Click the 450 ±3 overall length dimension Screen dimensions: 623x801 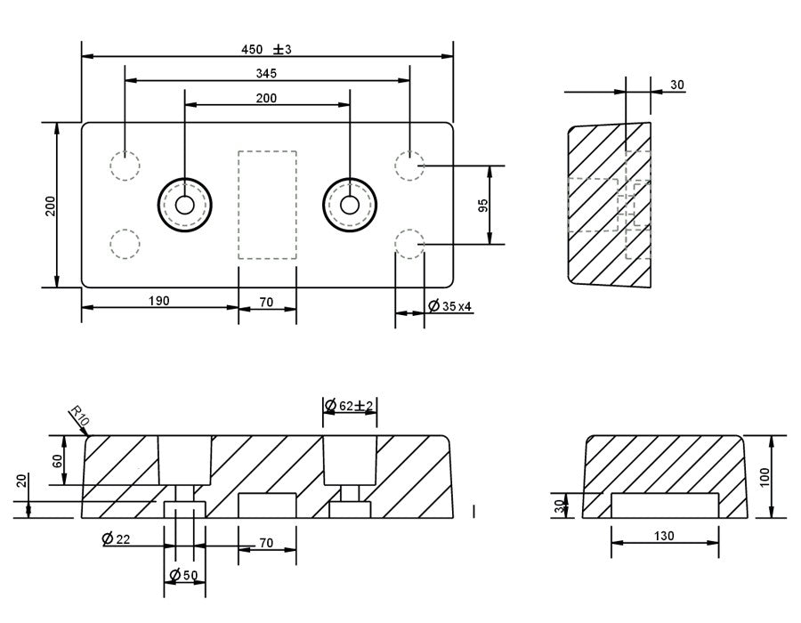[267, 49]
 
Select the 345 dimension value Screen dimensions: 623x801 [267, 73]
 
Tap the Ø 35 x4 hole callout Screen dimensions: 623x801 [450, 306]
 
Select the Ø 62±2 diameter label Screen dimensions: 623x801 [349, 406]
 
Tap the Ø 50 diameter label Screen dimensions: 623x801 [185, 575]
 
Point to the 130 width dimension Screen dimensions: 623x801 [664, 536]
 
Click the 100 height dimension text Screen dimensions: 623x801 [765, 476]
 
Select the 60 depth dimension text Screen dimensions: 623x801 [58, 461]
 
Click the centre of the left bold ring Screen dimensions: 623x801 [185, 205]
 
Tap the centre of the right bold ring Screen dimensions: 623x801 [350, 205]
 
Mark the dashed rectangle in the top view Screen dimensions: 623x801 [267, 205]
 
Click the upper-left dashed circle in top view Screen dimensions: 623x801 [125, 166]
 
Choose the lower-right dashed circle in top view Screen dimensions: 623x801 [409, 243]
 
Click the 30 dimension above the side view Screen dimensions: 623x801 [676, 85]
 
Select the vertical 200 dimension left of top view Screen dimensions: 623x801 [50, 205]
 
